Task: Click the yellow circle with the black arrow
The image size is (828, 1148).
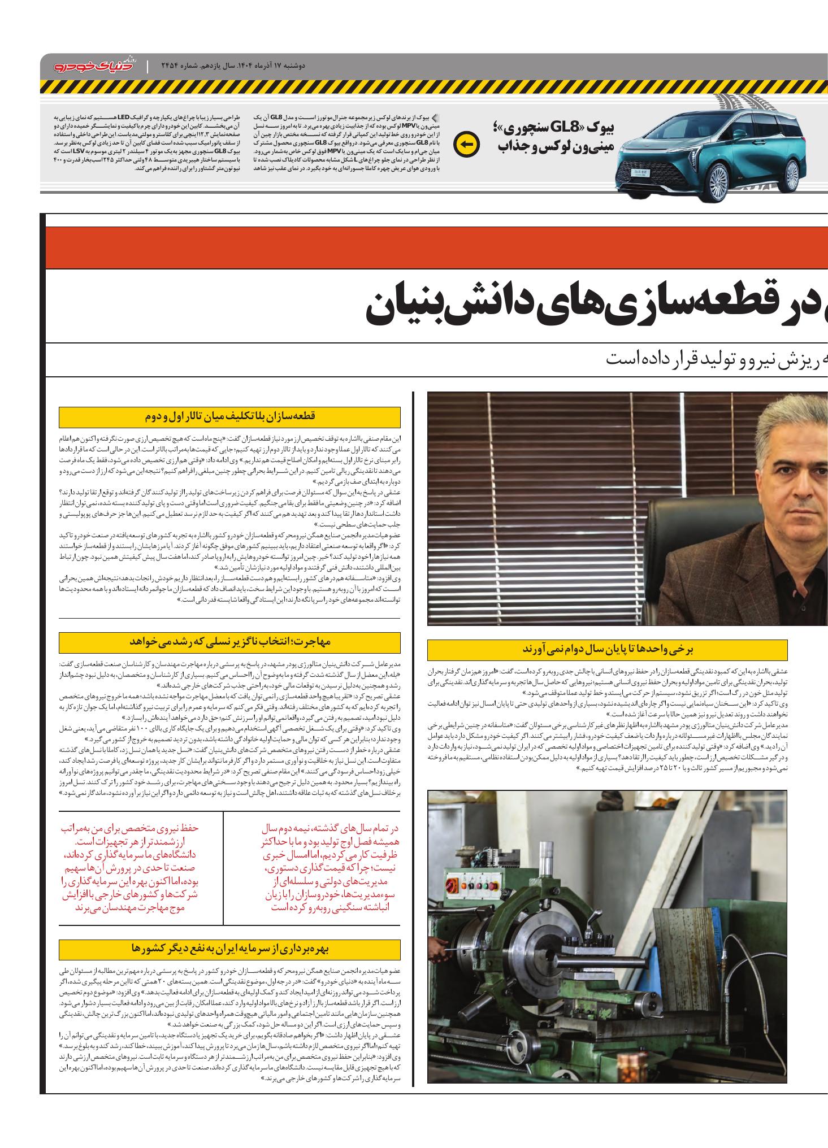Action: (x=467, y=145)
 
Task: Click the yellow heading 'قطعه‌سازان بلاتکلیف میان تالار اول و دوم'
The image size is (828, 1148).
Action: (x=230, y=417)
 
